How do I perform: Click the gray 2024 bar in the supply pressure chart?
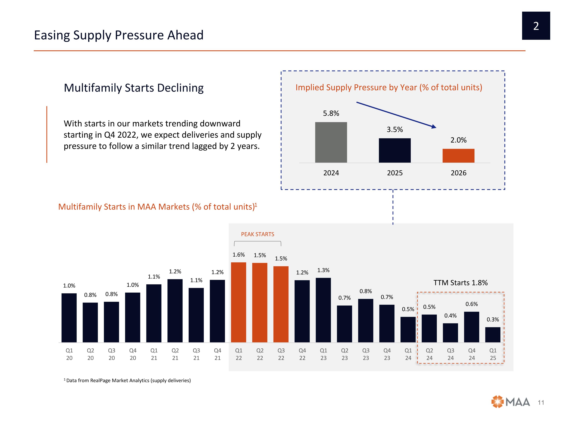coord(331,142)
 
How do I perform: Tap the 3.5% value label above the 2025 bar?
coord(395,129)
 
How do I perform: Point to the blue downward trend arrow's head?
coord(434,127)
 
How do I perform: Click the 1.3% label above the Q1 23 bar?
coord(323,270)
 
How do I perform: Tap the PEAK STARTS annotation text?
coord(257,234)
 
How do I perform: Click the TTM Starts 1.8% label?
coord(460,283)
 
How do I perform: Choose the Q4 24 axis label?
coord(472,354)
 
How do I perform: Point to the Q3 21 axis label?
coord(196,354)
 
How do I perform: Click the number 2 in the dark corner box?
coord(536,26)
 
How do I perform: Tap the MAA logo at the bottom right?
coord(510,402)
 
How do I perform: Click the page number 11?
coord(541,403)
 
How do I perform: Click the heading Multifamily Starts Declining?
coord(134,88)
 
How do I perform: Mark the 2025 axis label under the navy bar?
coord(395,173)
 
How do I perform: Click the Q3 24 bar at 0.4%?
coord(450,333)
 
